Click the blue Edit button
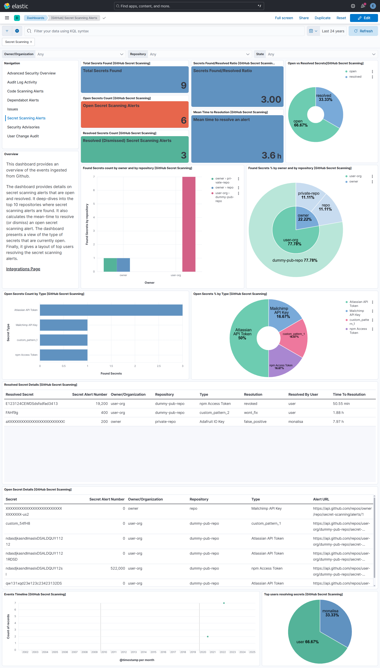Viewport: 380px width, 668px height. coord(364,18)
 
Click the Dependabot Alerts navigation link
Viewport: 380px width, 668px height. coord(23,100)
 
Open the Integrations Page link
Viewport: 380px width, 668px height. coord(23,269)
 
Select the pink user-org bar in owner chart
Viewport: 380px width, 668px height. coord(189,224)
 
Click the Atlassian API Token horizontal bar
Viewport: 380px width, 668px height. coord(111,310)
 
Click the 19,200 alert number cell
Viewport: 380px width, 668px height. coord(102,403)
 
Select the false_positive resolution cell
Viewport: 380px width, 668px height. coord(255,421)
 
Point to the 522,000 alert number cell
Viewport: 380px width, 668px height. coord(118,568)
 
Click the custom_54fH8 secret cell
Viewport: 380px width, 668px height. coord(18,523)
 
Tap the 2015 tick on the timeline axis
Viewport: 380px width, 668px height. coord(154,652)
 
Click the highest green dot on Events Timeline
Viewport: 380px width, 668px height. coord(224,603)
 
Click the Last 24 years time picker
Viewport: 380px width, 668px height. coord(333,31)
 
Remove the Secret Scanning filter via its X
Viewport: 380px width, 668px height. coord(31,42)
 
